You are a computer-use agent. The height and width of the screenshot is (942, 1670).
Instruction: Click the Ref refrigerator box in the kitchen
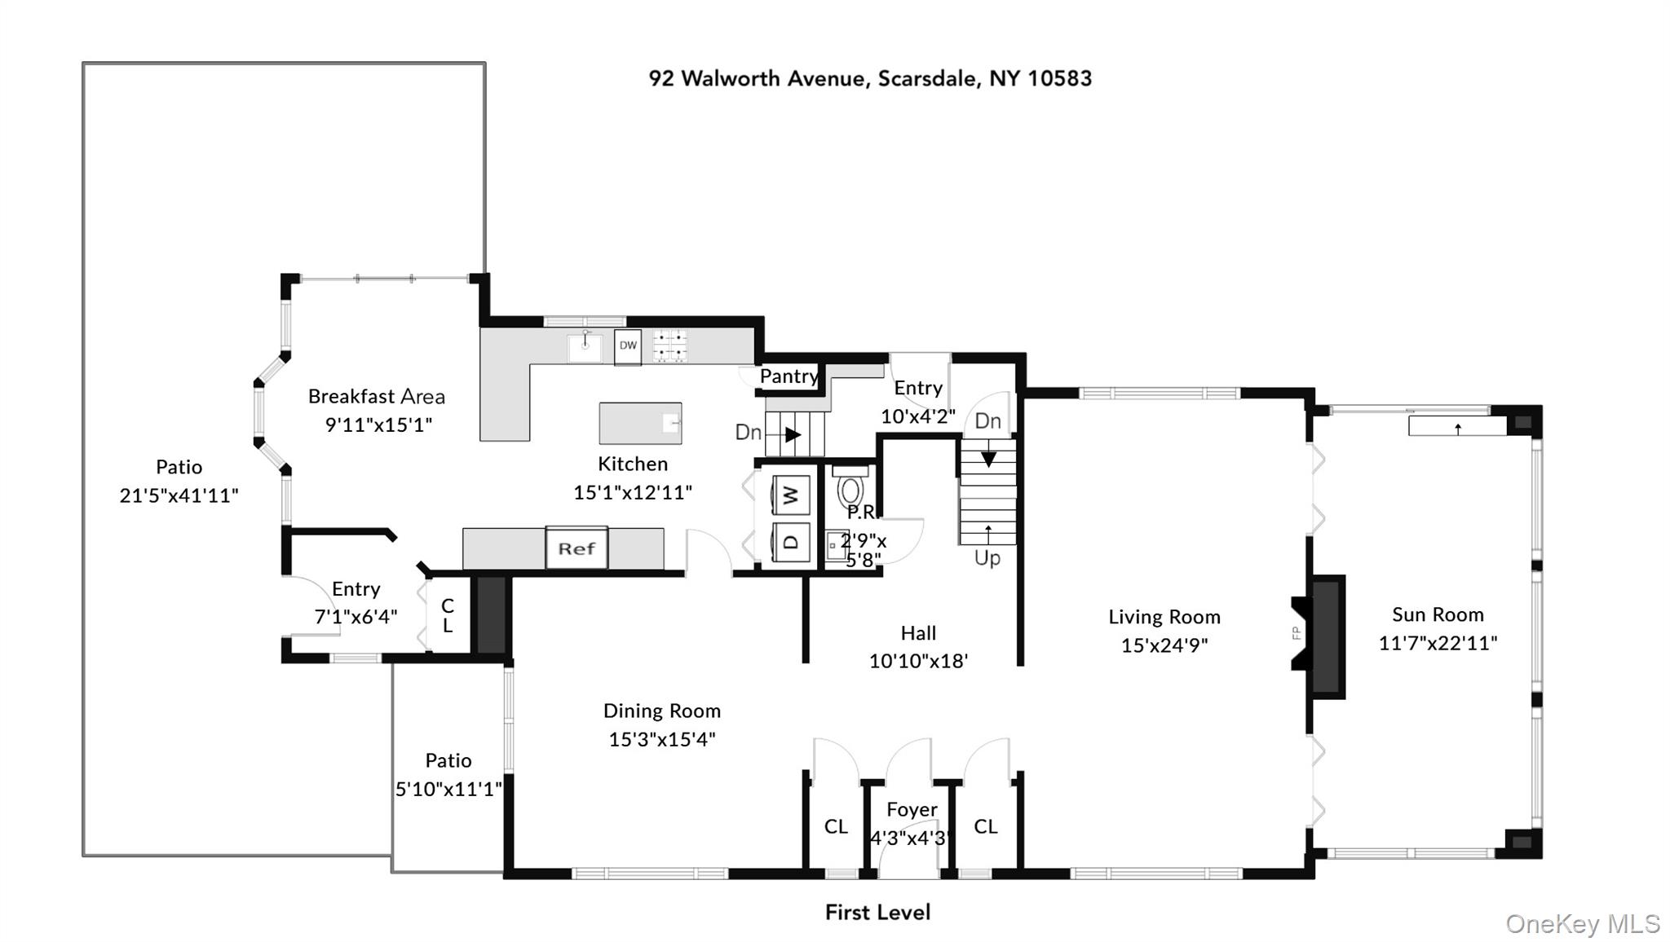tap(577, 548)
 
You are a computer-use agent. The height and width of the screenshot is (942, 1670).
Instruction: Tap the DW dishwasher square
tap(627, 346)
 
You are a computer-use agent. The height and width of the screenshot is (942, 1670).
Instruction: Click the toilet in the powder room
tap(850, 489)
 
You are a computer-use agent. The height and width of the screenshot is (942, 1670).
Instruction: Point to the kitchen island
tap(640, 423)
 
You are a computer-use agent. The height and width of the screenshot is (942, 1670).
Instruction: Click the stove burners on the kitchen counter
tap(669, 346)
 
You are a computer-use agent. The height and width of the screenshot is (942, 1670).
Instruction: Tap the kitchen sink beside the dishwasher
tap(585, 347)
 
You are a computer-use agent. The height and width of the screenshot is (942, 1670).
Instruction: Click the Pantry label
tap(789, 376)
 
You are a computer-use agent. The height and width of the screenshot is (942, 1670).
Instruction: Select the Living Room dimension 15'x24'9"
tap(1164, 645)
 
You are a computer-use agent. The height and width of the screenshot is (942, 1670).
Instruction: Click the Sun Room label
tap(1438, 614)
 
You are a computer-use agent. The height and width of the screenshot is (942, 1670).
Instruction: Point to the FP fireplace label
tap(1296, 632)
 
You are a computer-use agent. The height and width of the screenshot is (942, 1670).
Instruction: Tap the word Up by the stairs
tap(987, 558)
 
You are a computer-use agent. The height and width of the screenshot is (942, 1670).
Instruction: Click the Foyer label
tap(912, 809)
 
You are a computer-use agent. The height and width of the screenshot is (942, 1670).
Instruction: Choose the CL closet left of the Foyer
tap(836, 826)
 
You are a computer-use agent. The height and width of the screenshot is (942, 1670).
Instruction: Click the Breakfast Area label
tap(376, 397)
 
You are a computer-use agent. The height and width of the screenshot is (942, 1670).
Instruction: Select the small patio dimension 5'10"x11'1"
tap(448, 789)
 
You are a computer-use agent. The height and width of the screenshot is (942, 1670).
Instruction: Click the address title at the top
tap(870, 78)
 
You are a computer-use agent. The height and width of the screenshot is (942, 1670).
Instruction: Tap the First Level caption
tap(877, 912)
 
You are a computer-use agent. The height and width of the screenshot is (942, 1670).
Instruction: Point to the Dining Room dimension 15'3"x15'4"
tap(661, 739)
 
